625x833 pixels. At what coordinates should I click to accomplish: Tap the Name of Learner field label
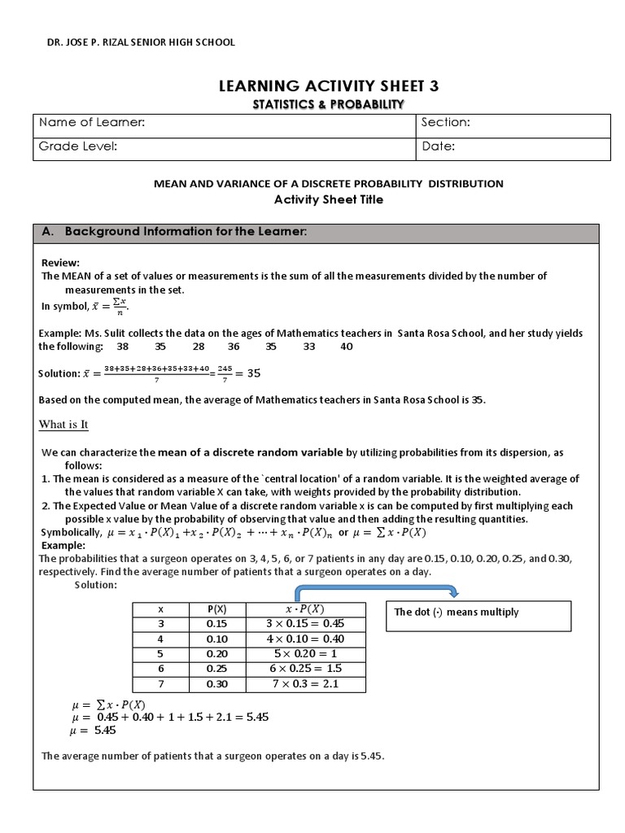coord(93,123)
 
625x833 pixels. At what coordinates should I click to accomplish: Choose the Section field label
coord(446,123)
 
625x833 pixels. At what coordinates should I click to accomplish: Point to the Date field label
coord(439,146)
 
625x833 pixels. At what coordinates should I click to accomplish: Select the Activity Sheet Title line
coord(328,199)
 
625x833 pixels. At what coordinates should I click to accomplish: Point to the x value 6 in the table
coord(160,669)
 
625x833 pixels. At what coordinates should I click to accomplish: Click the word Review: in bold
coord(60,263)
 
